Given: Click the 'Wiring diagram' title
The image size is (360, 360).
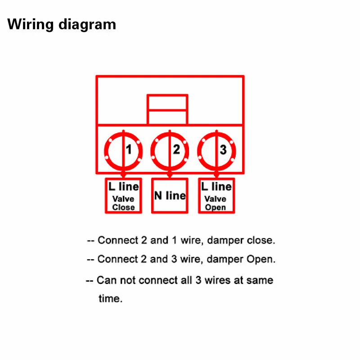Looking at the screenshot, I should click(62, 24).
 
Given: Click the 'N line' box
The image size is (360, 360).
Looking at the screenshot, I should click(170, 196).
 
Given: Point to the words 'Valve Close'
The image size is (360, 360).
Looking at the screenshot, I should click(123, 203).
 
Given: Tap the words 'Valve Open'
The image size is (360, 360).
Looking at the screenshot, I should click(216, 203).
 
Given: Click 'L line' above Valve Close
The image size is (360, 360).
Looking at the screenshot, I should click(123, 187).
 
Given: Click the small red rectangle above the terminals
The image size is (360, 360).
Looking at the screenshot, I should click(167, 109).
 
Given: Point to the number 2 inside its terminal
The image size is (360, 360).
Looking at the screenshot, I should click(176, 149).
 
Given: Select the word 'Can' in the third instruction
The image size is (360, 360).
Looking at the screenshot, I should click(106, 280).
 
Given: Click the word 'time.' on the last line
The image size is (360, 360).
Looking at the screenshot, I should click(110, 298).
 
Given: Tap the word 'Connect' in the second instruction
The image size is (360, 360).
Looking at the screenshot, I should click(117, 260).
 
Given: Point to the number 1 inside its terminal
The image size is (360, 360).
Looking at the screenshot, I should click(129, 149).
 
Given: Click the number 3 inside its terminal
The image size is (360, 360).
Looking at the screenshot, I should click(223, 149).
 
